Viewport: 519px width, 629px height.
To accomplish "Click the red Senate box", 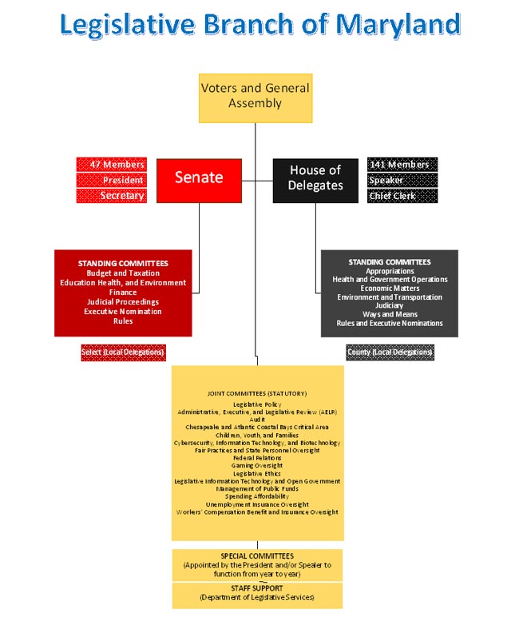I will [198, 178].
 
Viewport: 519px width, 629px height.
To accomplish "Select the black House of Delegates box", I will [315, 178].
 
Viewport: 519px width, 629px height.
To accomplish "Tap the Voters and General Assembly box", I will [255, 98].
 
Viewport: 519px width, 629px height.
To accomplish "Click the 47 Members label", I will [113, 165].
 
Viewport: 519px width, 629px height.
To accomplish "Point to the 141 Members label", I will [401, 165].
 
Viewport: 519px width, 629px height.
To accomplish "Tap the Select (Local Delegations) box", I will [123, 352].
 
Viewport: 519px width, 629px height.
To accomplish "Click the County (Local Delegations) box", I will [390, 352].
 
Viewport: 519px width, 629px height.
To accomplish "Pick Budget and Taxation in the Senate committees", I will [123, 273].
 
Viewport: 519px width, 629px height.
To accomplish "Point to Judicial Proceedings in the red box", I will [123, 302].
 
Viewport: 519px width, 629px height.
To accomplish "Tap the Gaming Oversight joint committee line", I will [256, 466].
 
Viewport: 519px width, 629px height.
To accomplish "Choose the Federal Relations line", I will [256, 458].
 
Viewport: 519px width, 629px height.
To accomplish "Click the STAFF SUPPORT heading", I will [257, 588].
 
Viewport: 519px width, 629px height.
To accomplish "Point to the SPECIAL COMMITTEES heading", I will [257, 556].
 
